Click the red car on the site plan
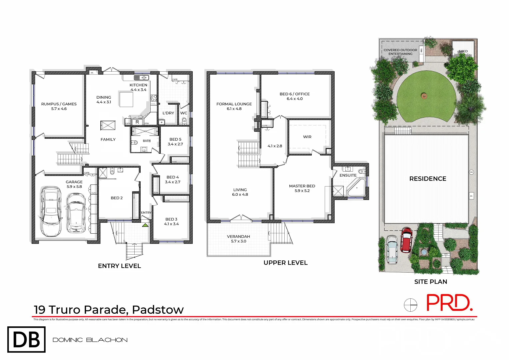pos(406,240)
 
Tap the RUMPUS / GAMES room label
pos(59,104)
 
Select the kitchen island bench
pos(126,99)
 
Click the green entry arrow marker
pos(145,225)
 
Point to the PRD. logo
pos(449,303)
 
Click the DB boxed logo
pos(26,339)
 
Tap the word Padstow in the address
pos(158,310)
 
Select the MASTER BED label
pos(302,186)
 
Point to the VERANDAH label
pos(238,236)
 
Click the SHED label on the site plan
pos(463,51)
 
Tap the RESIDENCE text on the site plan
pos(428,179)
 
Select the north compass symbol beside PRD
pos(410,305)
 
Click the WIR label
pos(307,137)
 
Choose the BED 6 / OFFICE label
pos(295,94)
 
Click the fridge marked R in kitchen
pos(137,122)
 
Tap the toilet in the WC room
pos(184,121)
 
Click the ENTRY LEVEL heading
pos(119,266)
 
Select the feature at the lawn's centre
pos(424,96)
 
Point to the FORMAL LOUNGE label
pos(234,104)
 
